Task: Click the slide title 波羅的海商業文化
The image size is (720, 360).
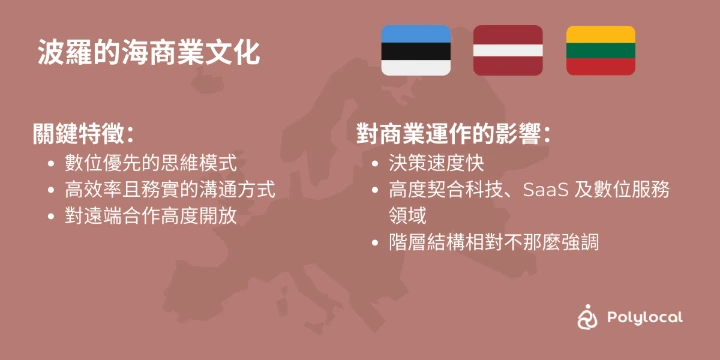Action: tap(149, 53)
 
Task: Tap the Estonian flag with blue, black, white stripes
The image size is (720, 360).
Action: tap(416, 51)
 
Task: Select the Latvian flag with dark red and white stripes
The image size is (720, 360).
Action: tap(508, 51)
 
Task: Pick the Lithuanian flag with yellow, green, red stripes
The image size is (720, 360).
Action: tap(601, 51)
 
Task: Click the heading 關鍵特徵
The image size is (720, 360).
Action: tap(83, 135)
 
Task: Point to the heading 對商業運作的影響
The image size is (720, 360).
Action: tap(454, 135)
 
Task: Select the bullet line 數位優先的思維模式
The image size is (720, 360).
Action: tap(151, 164)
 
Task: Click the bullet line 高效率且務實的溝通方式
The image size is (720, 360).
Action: tap(170, 190)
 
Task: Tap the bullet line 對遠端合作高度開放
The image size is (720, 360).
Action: tap(151, 216)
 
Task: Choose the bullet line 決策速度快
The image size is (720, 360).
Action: tap(436, 164)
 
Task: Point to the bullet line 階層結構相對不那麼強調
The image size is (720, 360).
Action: tap(494, 242)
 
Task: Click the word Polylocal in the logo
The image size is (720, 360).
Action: tap(645, 317)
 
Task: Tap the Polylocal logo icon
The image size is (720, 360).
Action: tap(587, 316)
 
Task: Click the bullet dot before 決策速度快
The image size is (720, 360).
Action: tap(376, 164)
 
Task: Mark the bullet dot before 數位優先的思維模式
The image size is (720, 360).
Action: tap(51, 164)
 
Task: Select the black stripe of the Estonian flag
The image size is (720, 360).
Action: tap(416, 51)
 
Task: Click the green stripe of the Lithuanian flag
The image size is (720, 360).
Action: tap(601, 51)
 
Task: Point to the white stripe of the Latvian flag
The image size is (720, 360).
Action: tap(508, 51)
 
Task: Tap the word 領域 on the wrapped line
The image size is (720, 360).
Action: tap(407, 216)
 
